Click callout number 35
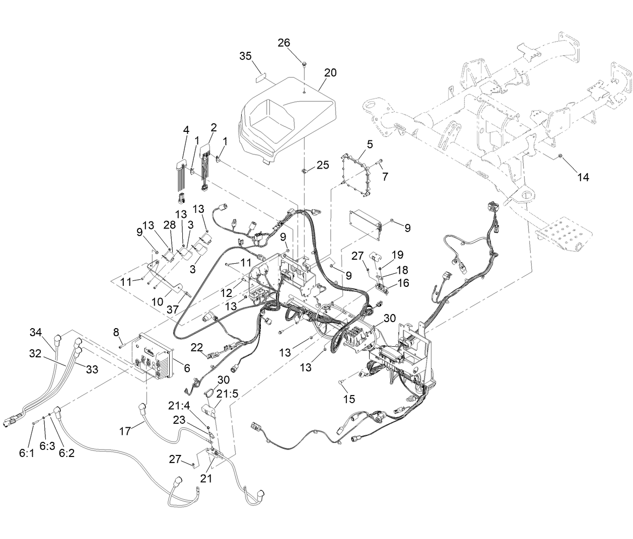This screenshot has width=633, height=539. pos(245,56)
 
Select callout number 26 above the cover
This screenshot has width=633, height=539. pos(284,43)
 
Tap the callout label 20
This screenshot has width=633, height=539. pos(330,72)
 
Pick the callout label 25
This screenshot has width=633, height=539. pos(323,165)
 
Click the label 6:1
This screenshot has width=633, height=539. pos(26,453)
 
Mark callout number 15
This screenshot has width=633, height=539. pos(348,399)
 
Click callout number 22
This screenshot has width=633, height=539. pos(197,348)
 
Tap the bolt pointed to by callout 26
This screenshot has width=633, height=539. pos(305,63)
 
